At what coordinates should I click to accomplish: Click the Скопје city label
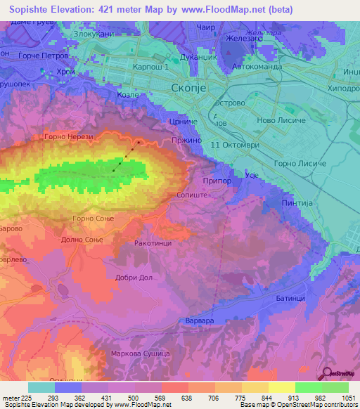[190, 87]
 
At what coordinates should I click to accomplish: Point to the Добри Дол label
[134, 277]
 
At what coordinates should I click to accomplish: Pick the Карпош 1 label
[150, 67]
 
